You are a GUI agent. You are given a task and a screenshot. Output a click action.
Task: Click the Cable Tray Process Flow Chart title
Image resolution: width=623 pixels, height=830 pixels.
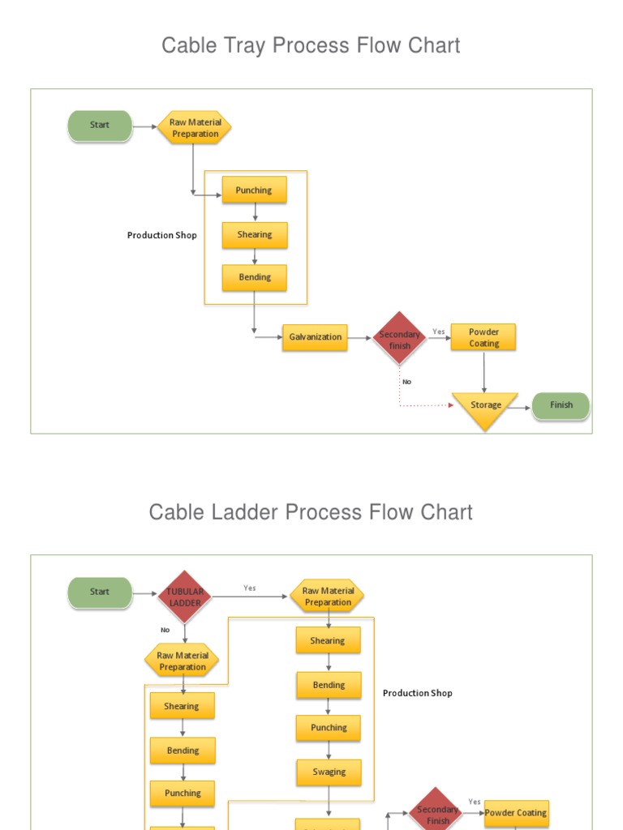click(x=311, y=45)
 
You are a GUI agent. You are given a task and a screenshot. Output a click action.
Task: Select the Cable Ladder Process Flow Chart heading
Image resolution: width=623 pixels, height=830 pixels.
click(x=311, y=512)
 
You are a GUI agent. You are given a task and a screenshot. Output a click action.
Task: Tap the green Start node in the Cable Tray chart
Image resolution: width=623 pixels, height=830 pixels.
click(x=100, y=126)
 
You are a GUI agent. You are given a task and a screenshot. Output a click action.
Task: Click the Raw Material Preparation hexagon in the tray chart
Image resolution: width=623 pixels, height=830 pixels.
click(x=195, y=128)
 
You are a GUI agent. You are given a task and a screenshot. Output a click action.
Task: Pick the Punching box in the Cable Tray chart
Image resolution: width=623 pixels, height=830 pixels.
click(x=254, y=190)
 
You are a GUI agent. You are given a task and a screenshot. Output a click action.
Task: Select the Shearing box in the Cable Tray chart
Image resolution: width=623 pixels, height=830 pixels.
click(x=254, y=235)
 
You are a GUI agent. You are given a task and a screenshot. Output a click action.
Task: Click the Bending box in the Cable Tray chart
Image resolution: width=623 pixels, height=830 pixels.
click(x=254, y=277)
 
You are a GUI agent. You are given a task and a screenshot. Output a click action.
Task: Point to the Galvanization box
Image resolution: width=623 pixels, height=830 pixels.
click(x=315, y=337)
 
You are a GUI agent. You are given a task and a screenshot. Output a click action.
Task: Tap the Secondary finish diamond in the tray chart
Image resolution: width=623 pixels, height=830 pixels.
click(x=400, y=339)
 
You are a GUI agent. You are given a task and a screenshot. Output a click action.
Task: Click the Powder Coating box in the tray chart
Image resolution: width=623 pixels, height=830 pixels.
click(x=483, y=337)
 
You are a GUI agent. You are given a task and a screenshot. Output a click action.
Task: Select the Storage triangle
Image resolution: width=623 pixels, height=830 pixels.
click(x=484, y=407)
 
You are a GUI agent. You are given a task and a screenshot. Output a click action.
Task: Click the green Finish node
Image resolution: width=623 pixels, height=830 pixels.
click(x=561, y=405)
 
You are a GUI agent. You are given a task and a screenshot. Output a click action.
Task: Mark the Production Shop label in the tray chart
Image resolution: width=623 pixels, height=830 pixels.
click(x=161, y=235)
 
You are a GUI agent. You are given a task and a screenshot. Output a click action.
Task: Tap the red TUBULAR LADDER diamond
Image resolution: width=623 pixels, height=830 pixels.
click(x=185, y=597)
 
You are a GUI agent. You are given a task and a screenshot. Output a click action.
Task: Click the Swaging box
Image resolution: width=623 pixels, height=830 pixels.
click(x=329, y=772)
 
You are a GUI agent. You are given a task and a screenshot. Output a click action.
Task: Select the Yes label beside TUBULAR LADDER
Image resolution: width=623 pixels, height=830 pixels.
click(x=250, y=588)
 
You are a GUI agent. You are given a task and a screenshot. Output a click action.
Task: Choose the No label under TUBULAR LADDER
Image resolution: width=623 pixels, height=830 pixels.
click(x=165, y=630)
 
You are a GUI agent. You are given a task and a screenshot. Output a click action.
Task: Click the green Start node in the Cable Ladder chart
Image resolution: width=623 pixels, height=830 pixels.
click(x=100, y=593)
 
